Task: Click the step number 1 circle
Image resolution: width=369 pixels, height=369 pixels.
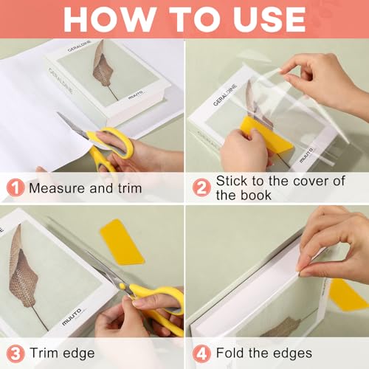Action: point(14,187)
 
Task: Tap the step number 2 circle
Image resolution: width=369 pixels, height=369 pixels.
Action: point(201,187)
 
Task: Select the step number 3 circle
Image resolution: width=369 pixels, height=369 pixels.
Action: point(14,352)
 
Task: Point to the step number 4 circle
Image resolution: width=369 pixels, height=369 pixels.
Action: point(201,352)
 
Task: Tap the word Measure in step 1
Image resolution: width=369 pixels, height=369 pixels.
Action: point(57,187)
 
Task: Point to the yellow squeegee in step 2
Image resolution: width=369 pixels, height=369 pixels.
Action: point(258,136)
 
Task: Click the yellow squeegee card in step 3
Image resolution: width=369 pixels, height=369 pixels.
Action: point(123,241)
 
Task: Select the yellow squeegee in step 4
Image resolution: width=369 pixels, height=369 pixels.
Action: point(346,294)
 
